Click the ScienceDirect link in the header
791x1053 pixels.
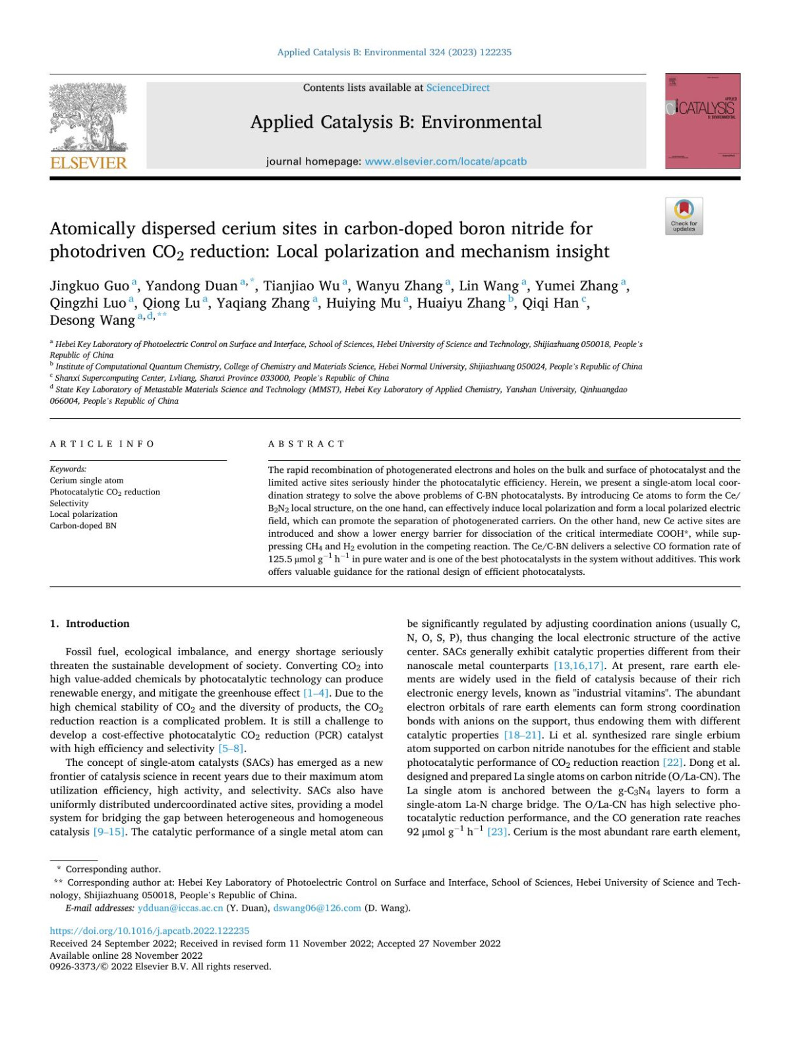(457, 88)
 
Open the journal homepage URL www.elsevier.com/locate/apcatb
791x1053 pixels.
(446, 161)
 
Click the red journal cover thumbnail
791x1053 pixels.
(702, 121)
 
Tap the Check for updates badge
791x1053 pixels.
(684, 215)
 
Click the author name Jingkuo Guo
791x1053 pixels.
(90, 286)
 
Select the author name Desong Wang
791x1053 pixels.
(92, 321)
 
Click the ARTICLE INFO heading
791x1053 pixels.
(102, 444)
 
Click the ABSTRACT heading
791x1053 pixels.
(306, 444)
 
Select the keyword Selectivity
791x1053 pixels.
(69, 503)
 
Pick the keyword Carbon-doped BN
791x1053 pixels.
(83, 526)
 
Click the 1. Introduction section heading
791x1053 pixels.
(90, 624)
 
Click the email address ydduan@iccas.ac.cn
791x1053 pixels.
(180, 908)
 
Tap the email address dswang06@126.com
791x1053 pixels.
(317, 908)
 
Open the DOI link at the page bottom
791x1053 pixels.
(150, 931)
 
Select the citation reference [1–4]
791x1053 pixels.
(316, 693)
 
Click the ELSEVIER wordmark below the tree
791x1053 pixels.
(88, 163)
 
